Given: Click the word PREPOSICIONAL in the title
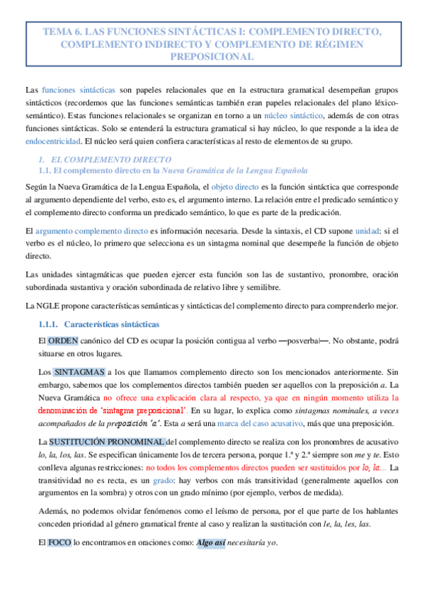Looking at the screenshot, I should [212, 57].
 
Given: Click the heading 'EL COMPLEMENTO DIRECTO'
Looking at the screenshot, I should [105, 160].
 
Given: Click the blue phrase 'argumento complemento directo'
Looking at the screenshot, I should [91, 231].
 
